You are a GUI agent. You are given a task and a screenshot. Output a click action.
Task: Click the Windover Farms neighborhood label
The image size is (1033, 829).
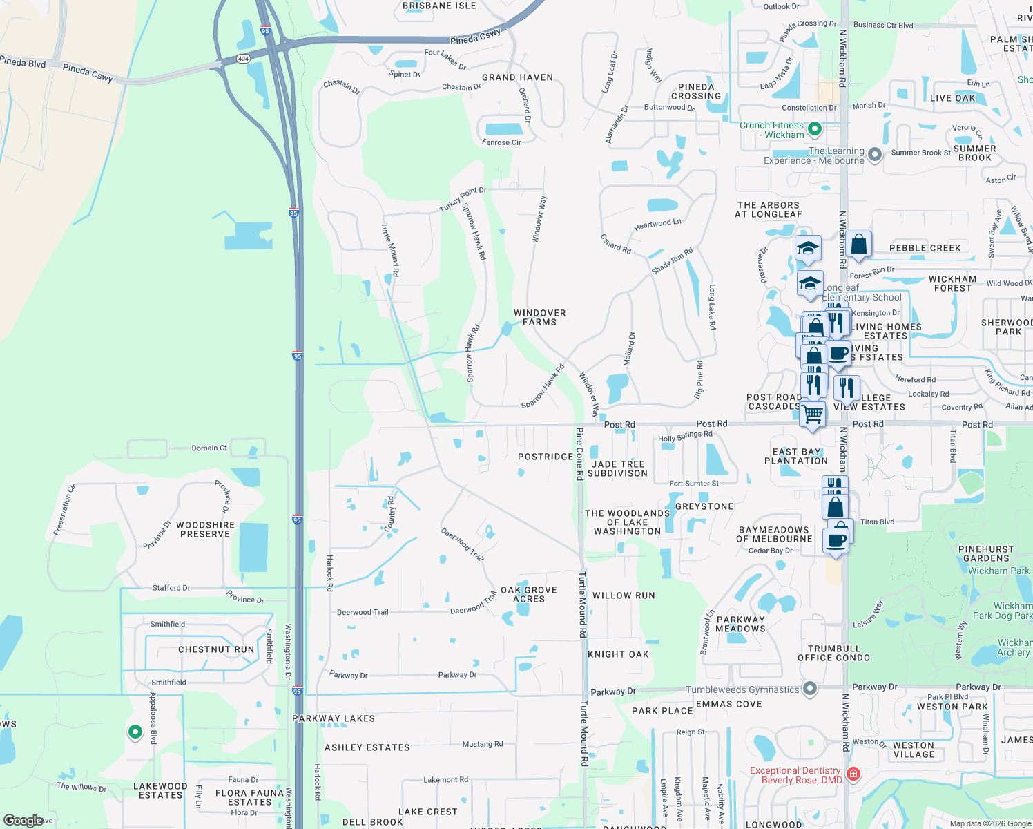pyautogui.click(x=539, y=318)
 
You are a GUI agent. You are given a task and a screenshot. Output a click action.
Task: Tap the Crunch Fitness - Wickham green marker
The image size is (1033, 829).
pyautogui.click(x=815, y=128)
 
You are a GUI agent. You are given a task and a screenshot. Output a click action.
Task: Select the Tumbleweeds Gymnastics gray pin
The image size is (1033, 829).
pyautogui.click(x=811, y=689)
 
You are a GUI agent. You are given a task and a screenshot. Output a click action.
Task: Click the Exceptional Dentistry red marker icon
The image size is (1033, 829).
pyautogui.click(x=853, y=774)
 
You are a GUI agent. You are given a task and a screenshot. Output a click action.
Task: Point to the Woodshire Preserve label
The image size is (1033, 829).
pyautogui.click(x=205, y=530)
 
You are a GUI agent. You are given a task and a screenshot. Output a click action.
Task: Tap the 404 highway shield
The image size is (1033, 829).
pyautogui.click(x=243, y=59)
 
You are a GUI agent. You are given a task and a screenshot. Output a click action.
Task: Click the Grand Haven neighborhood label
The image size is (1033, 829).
pyautogui.click(x=517, y=77)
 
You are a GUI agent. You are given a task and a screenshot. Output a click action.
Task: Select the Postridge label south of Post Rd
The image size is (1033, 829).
pyautogui.click(x=546, y=457)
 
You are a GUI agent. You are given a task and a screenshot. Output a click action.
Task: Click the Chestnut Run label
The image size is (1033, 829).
pyautogui.click(x=216, y=649)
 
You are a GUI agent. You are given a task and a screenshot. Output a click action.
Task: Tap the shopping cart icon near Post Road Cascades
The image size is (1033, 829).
pyautogui.click(x=813, y=414)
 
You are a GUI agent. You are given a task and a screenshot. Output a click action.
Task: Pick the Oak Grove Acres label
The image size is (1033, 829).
pyautogui.click(x=529, y=595)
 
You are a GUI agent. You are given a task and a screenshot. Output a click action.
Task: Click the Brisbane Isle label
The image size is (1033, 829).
pyautogui.click(x=439, y=6)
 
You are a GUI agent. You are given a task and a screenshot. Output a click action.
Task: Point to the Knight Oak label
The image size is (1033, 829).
pyautogui.click(x=618, y=654)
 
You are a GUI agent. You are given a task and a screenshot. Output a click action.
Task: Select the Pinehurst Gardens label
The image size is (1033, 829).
pyautogui.click(x=986, y=554)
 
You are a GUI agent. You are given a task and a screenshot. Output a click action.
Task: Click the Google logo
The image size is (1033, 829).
pyautogui.click(x=23, y=821)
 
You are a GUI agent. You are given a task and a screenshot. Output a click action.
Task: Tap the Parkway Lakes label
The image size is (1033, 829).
pyautogui.click(x=334, y=718)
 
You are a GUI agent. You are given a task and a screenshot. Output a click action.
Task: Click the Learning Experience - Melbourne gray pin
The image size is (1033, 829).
pyautogui.click(x=875, y=155)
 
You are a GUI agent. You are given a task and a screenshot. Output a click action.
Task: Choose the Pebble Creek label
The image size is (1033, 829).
pyautogui.click(x=925, y=248)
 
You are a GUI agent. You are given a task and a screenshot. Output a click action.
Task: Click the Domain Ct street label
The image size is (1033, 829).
pyautogui.click(x=209, y=448)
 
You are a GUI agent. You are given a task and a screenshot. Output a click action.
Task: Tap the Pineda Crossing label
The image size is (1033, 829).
pyautogui.click(x=696, y=92)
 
